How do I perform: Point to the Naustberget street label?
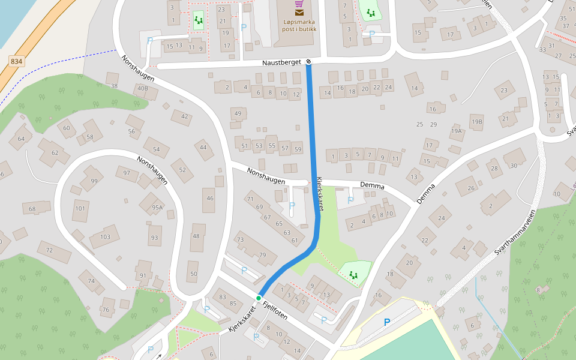point(280,62)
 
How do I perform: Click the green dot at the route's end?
point(259,298)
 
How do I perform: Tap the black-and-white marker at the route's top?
point(308,61)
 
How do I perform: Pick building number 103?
point(105,236)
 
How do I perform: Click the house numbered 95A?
point(157,208)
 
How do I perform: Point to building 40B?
point(142,89)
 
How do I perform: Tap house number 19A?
point(457,131)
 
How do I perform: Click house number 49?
point(238,113)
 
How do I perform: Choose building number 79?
point(262,255)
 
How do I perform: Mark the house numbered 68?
point(32,209)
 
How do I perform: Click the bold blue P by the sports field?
point(387,322)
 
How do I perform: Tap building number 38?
point(114,86)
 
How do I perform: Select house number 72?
point(50,250)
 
